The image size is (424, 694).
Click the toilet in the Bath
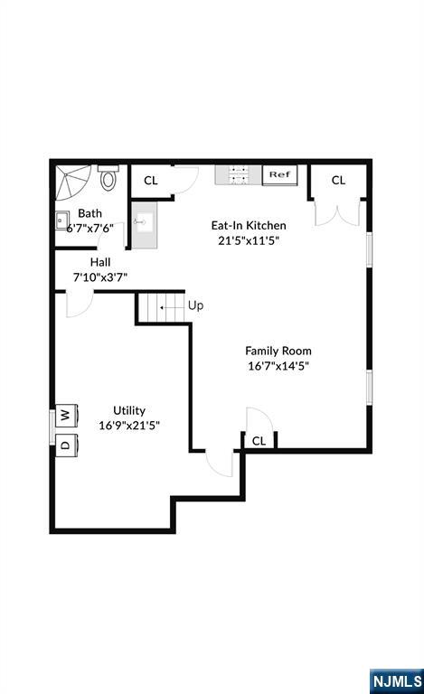pyautogui.click(x=108, y=177)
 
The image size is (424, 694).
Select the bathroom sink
pyautogui.click(x=62, y=220)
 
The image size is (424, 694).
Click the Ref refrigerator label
pyautogui.click(x=279, y=174)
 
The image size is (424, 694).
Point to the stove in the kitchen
pyautogui.click(x=239, y=174)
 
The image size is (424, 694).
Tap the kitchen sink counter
pyautogui.click(x=145, y=225)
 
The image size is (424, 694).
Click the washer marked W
pyautogui.click(x=66, y=415)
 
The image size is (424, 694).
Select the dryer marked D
pyautogui.click(x=66, y=445)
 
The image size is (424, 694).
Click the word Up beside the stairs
pyautogui.click(x=195, y=305)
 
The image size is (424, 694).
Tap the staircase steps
pyautogui.click(x=161, y=307)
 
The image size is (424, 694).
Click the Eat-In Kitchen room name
pyautogui.click(x=249, y=225)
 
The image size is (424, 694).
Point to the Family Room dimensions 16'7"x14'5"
pyautogui.click(x=278, y=366)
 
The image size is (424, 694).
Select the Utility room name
pyautogui.click(x=129, y=410)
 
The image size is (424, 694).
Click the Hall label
pyautogui.click(x=100, y=262)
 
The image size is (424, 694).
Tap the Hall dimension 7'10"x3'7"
pyautogui.click(x=100, y=277)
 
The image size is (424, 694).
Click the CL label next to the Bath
pyautogui.click(x=151, y=181)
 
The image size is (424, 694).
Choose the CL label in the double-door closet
pyautogui.click(x=339, y=180)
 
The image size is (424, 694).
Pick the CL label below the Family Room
pyautogui.click(x=259, y=441)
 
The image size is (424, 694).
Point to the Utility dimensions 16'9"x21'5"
pyautogui.click(x=129, y=426)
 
